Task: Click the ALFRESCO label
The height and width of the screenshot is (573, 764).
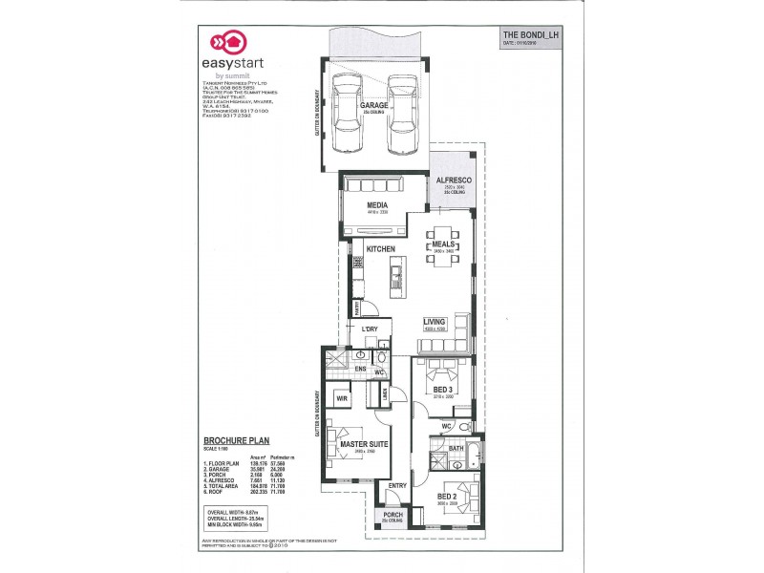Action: [x=450, y=180]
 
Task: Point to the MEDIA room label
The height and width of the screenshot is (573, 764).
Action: [x=376, y=205]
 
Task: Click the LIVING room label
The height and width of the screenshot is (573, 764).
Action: [x=436, y=322]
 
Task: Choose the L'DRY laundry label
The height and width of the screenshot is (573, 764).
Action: [x=371, y=329]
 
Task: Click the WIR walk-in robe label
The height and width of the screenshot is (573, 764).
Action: [x=340, y=397]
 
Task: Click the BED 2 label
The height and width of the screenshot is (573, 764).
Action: [x=447, y=497]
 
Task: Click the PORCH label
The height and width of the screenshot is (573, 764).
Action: [x=393, y=518]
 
